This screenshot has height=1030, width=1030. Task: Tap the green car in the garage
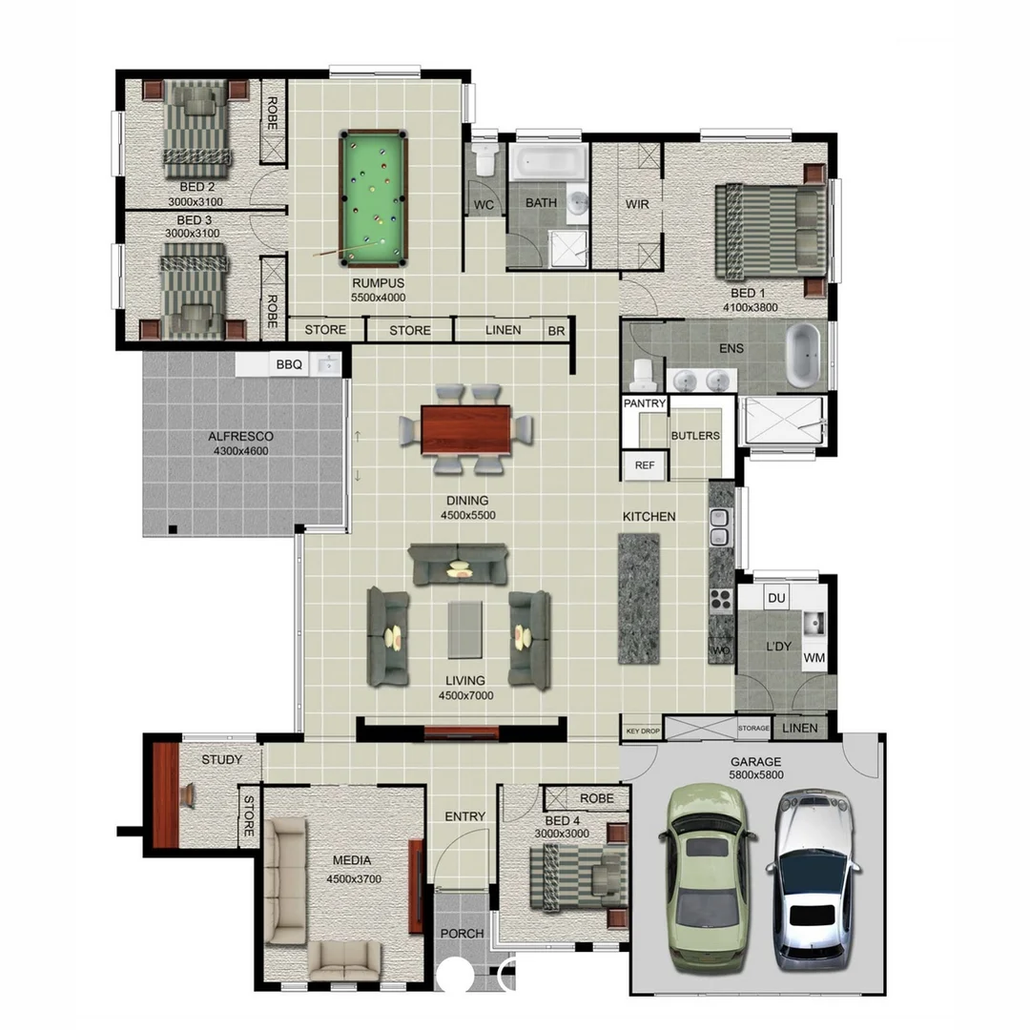[706, 877]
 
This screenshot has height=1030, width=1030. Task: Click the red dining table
[466, 429]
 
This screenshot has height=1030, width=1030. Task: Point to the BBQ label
[288, 364]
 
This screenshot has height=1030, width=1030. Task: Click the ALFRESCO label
[240, 438]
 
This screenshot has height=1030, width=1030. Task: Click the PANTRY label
[645, 403]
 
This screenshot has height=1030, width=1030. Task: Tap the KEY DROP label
[643, 731]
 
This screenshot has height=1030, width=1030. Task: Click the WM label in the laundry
[814, 658]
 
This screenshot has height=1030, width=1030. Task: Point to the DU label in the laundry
[776, 598]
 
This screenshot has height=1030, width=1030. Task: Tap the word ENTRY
[465, 816]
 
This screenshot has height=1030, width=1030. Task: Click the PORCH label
[462, 933]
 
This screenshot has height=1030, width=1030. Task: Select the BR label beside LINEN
[556, 331]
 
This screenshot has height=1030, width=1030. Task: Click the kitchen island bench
[639, 599]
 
